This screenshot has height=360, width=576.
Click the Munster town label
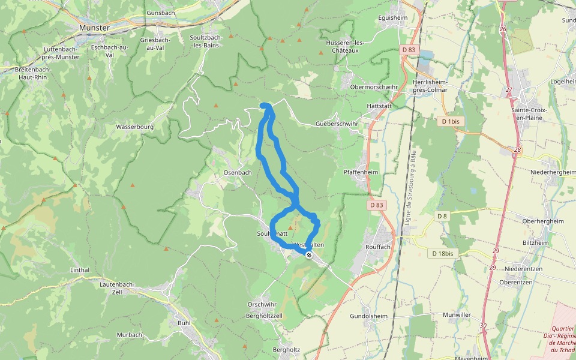94,28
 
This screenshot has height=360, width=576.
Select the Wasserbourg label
135,127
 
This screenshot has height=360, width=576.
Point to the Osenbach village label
238,172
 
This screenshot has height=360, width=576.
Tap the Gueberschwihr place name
337,124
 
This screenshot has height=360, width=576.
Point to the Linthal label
79,270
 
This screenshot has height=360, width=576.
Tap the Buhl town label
184,322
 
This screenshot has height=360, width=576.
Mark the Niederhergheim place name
553,172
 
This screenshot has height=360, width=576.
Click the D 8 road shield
442,216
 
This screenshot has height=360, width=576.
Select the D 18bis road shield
443,254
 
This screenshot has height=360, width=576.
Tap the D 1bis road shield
450,121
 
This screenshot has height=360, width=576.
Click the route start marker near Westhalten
309,255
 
